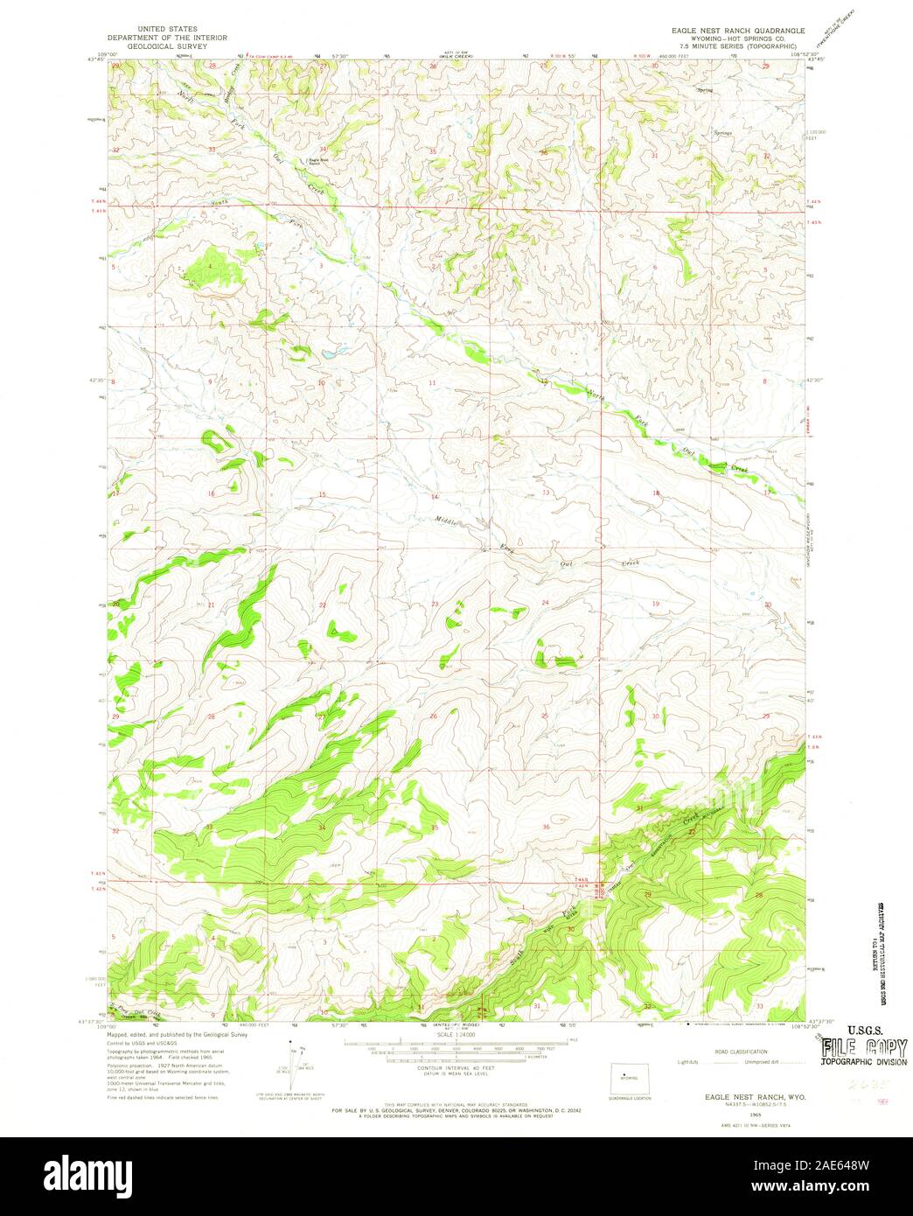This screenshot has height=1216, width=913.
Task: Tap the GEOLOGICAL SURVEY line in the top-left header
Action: [167, 47]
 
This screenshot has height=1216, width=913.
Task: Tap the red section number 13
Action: [546, 493]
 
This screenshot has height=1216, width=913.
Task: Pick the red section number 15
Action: [322, 495]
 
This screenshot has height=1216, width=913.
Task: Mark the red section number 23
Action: [434, 605]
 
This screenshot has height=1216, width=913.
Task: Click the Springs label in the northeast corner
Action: [723, 134]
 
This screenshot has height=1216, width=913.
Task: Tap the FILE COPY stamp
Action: [863, 1047]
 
